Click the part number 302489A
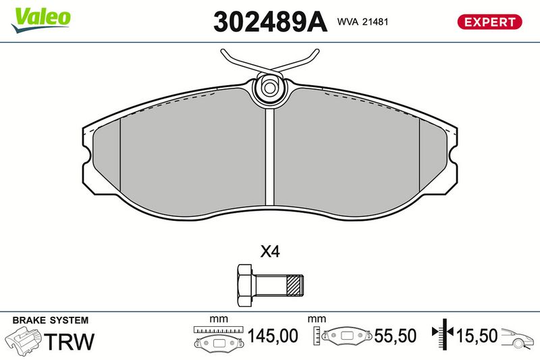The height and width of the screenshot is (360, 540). click(270, 22)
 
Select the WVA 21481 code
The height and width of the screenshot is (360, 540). click(362, 22)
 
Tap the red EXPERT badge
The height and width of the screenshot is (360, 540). click(489, 22)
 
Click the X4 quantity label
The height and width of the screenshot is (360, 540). click(270, 252)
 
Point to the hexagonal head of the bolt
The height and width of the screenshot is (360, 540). click(245, 285)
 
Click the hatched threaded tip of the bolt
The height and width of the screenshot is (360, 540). click(295, 285)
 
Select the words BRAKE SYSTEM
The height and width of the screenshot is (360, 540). click(50, 320)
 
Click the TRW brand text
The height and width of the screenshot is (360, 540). click(70, 341)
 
